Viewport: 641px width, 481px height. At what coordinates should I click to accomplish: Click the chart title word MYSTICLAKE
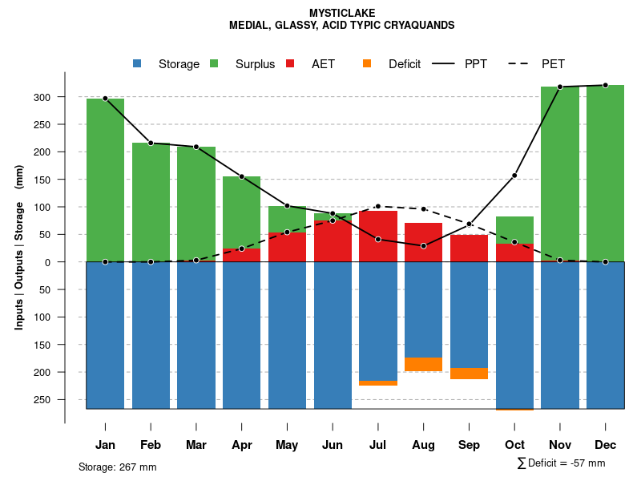point(341,13)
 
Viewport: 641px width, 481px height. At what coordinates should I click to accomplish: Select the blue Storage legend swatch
point(138,64)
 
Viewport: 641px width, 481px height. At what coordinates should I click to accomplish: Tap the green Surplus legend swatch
point(214,64)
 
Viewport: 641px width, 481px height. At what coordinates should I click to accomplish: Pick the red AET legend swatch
point(290,64)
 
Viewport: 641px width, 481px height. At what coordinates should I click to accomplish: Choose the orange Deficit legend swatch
point(367,64)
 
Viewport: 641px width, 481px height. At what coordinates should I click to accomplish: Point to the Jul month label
point(378,445)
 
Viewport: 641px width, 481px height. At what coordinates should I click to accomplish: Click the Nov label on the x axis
point(560,445)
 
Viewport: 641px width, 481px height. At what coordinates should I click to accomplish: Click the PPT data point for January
point(105,98)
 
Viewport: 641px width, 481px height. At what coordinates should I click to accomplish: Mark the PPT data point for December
point(605,85)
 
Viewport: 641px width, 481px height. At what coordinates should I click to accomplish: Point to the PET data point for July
point(378,206)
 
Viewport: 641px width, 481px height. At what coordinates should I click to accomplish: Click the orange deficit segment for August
point(423,364)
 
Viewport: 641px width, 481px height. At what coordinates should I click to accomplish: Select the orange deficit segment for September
point(469,374)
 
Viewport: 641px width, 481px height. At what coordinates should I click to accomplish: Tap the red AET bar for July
point(378,236)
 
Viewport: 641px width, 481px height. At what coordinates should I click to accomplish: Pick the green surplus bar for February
point(151,200)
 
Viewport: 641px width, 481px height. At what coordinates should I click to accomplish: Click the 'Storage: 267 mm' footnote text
point(118,467)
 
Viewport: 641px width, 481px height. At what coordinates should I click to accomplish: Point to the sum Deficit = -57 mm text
point(561,463)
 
